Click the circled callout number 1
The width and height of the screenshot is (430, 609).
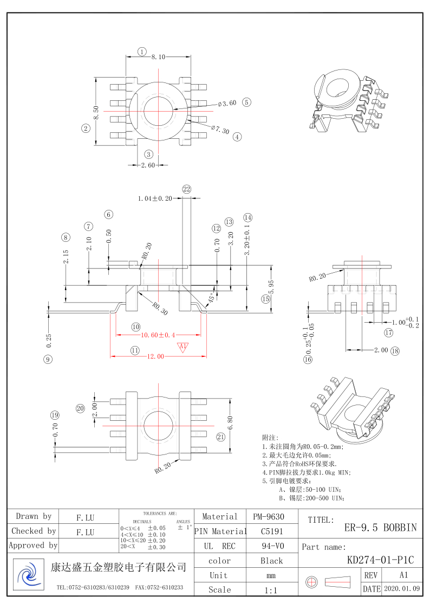(142, 52)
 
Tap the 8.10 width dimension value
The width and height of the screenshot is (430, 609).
(158, 57)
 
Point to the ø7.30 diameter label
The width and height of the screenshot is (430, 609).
(220, 130)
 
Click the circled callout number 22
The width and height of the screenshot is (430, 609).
(187, 189)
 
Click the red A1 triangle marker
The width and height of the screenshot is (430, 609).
(183, 347)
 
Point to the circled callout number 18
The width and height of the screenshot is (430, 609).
(395, 351)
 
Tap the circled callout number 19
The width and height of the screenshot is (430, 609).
(54, 415)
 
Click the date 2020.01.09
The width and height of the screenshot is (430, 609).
(401, 589)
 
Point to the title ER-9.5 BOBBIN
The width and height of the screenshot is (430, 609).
(380, 527)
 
